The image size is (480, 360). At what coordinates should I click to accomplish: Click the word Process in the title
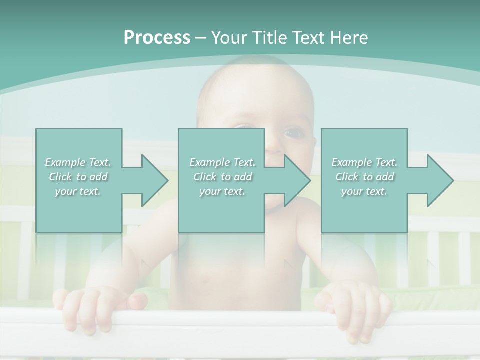point(157,38)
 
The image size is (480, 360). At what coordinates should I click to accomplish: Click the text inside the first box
point(78,177)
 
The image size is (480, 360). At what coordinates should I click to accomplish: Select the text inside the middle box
point(222,177)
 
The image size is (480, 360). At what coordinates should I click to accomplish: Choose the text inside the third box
point(364,177)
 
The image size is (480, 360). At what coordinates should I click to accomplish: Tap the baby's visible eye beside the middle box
point(291,133)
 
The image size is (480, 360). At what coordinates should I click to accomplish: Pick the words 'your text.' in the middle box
point(222,191)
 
